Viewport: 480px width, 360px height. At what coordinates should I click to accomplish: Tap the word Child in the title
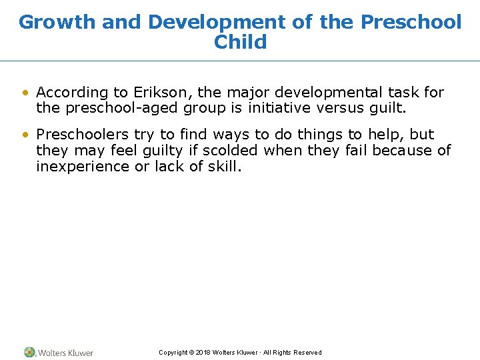click(240, 42)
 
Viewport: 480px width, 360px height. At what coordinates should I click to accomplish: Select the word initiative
click(279, 108)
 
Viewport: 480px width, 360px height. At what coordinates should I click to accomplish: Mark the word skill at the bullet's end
click(223, 166)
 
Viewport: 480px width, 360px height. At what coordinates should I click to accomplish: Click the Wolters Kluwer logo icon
click(29, 352)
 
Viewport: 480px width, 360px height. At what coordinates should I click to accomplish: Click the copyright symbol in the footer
click(191, 353)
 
